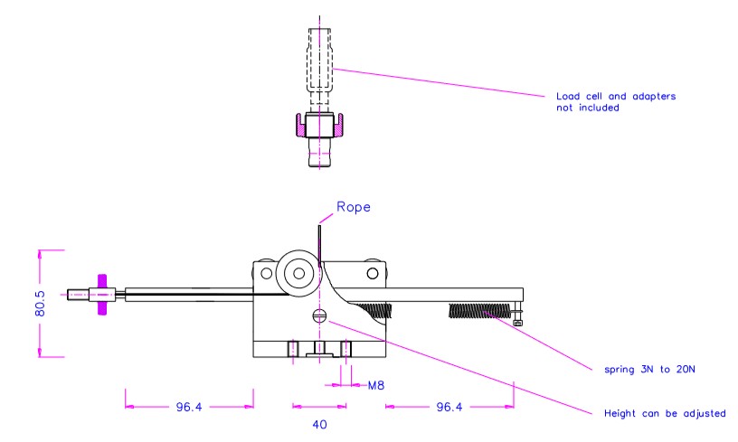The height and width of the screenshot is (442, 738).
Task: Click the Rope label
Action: pos(355,207)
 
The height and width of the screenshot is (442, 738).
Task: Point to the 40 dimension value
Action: pos(317,422)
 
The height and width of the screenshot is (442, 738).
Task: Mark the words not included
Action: pos(598,108)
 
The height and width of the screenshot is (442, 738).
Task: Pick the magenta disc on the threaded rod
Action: pos(103,294)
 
